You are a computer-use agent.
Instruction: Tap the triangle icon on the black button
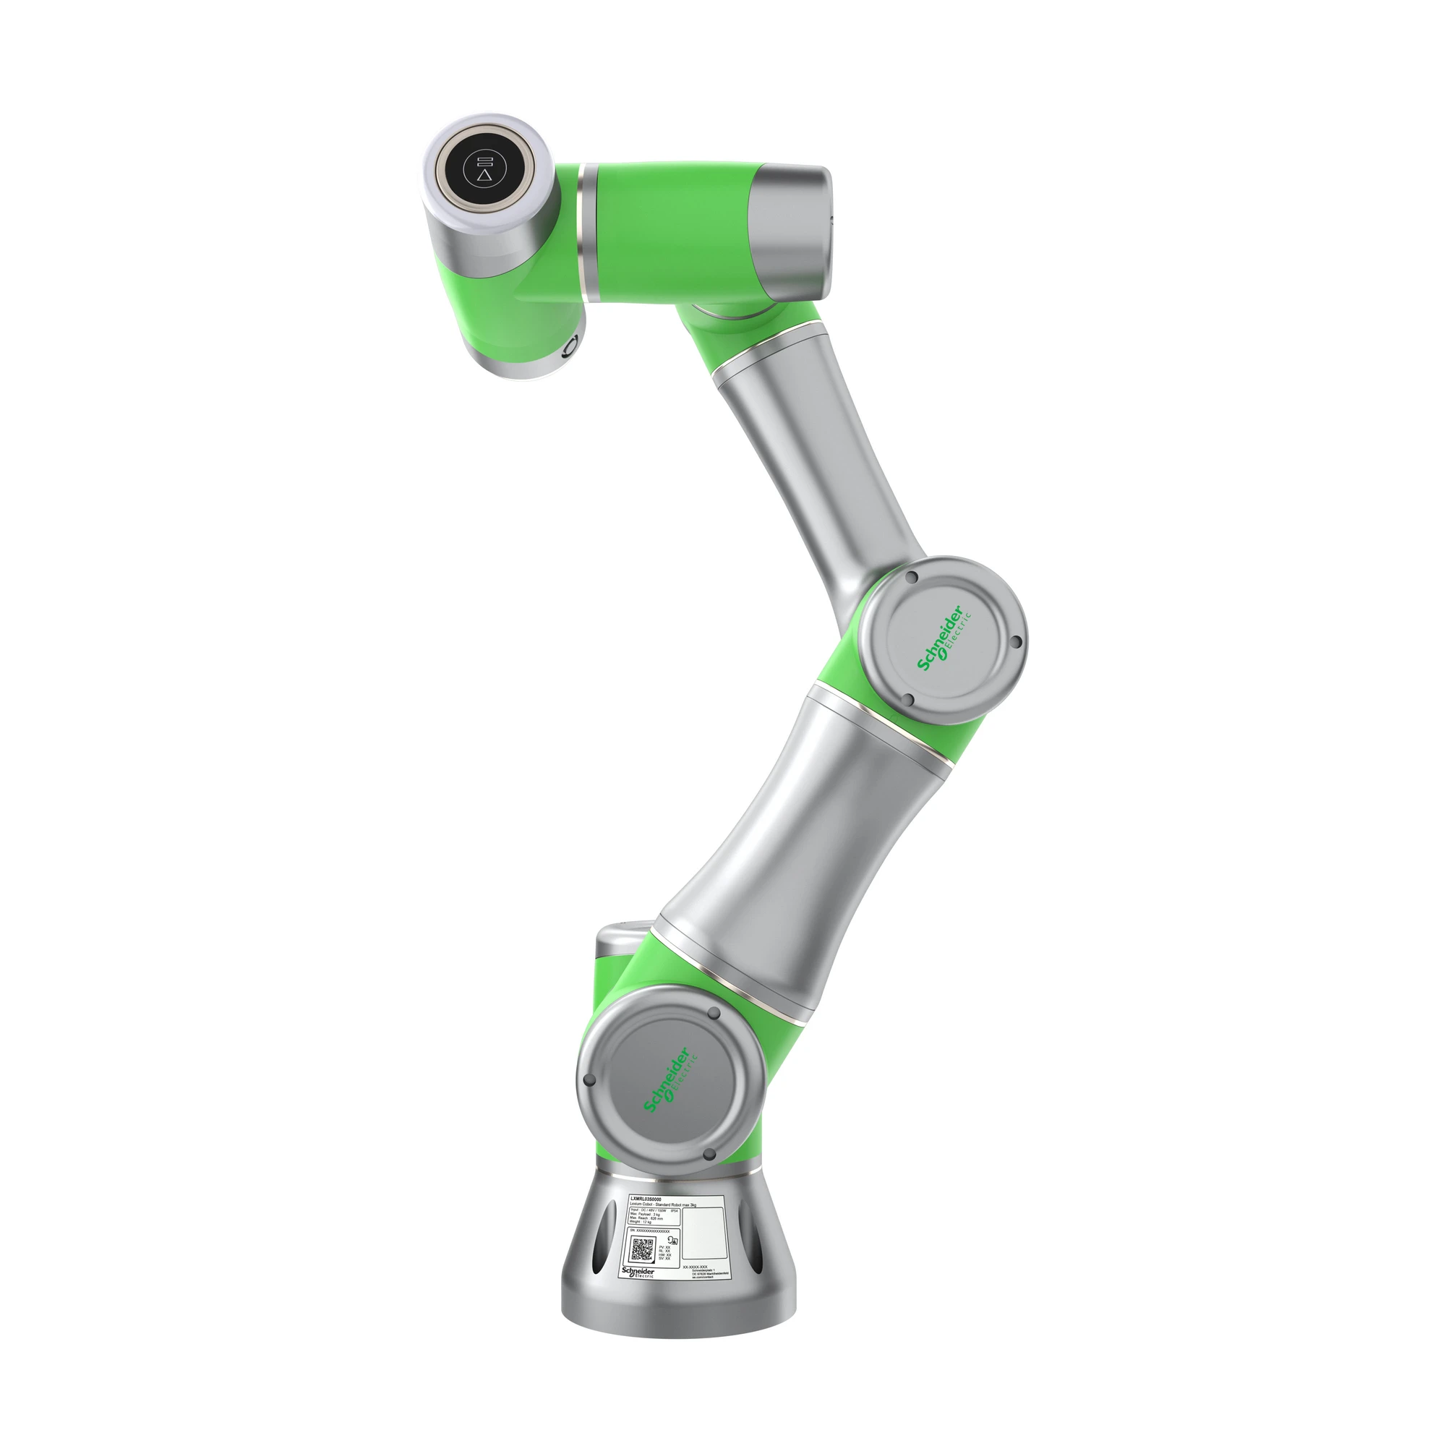click(486, 176)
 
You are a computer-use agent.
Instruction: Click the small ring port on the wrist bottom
click(571, 346)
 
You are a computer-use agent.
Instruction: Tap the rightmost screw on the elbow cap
click(1015, 642)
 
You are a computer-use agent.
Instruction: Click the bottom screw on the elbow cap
click(910, 701)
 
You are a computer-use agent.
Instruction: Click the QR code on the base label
click(642, 1251)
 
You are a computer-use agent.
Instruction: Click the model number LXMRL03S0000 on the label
click(646, 1199)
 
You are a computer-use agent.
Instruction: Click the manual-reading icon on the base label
click(673, 1241)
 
